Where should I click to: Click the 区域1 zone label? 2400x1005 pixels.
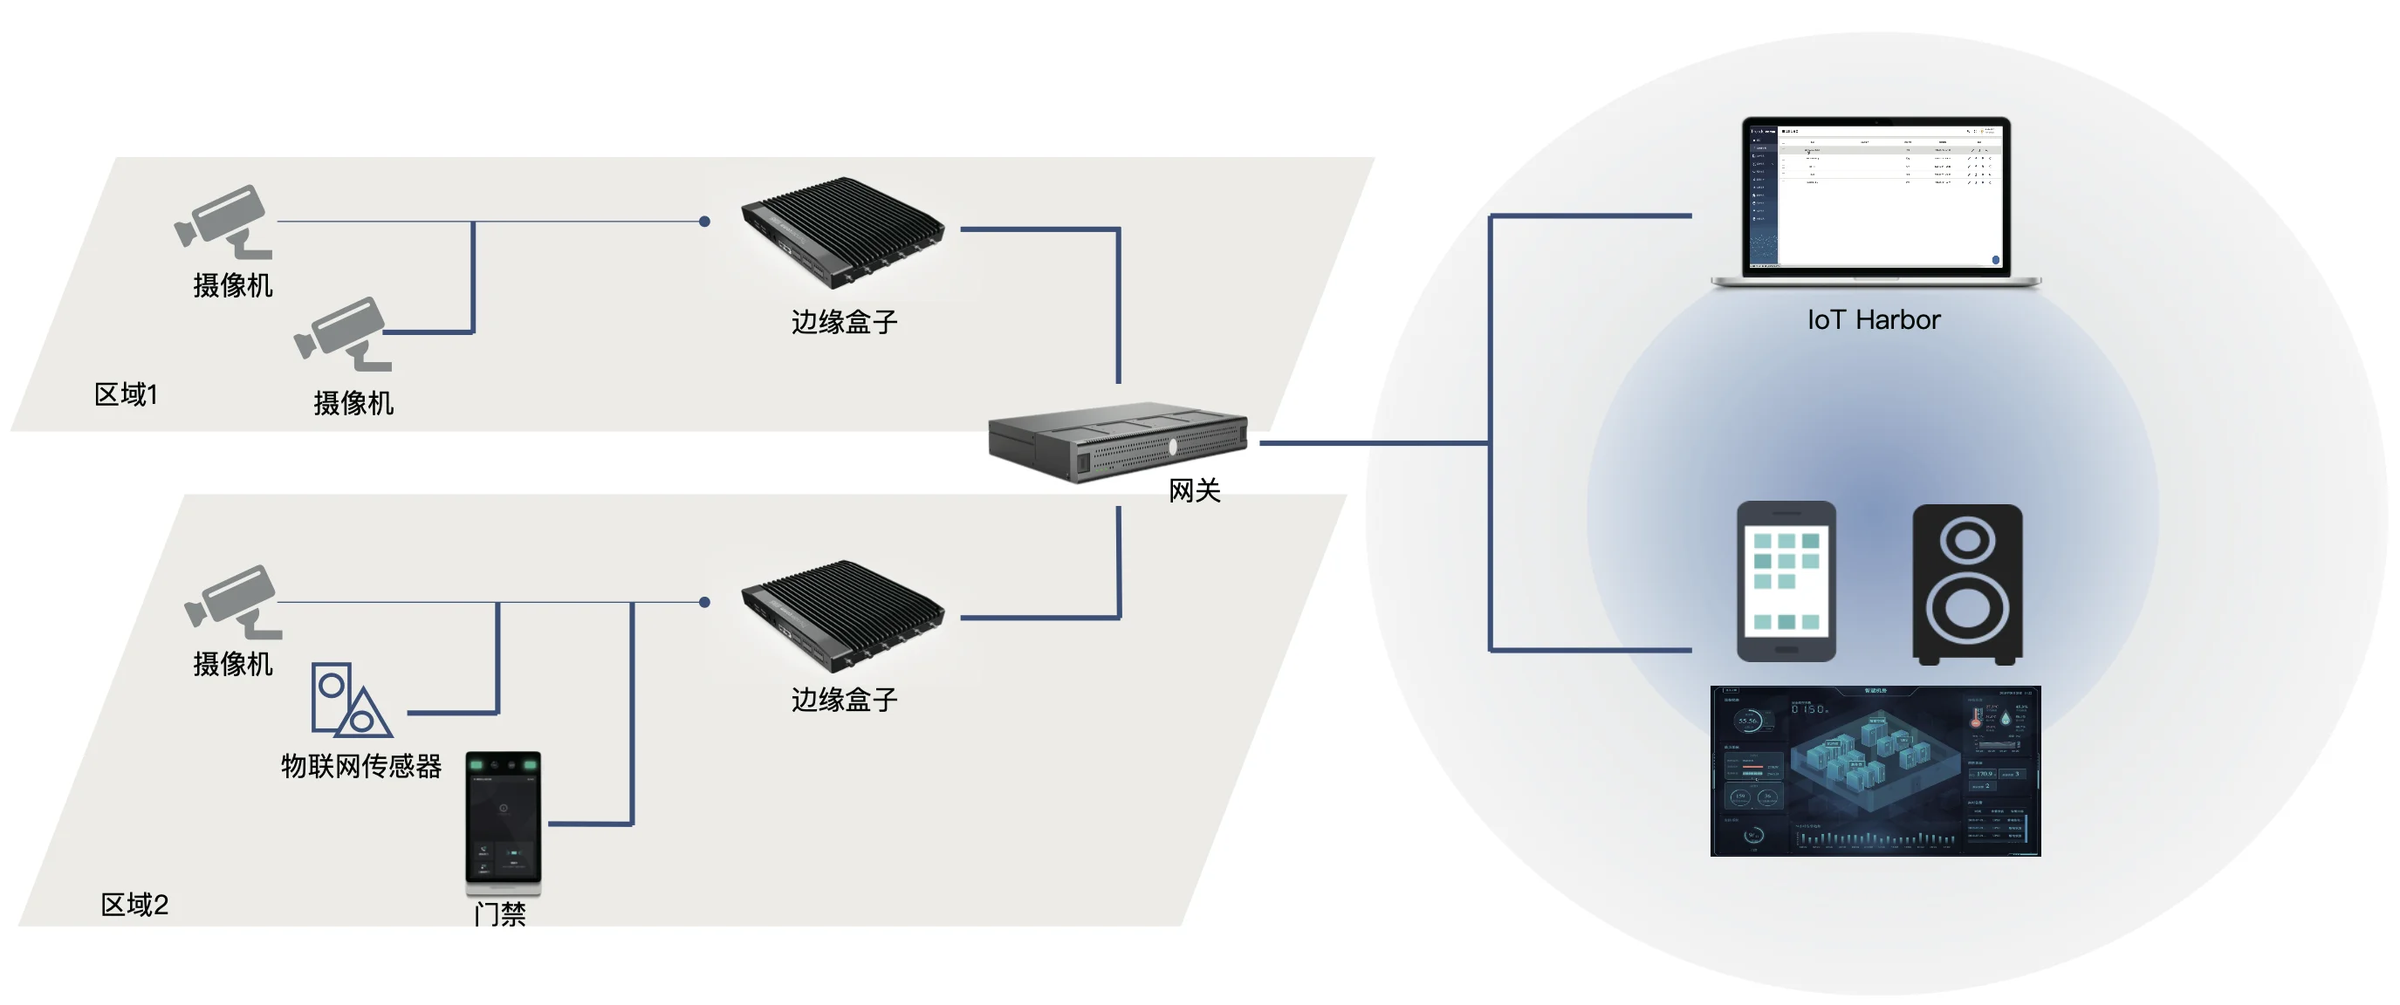126,395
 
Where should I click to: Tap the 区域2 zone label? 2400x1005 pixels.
134,905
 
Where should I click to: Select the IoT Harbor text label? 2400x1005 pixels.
1874,320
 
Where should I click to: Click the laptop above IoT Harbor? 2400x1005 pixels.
1875,202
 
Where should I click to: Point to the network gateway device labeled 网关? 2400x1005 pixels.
1117,441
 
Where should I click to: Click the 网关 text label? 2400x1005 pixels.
1195,491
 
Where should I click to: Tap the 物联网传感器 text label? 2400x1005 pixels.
361,767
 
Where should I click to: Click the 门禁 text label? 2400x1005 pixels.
500,913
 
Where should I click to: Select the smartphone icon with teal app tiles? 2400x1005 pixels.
1786,581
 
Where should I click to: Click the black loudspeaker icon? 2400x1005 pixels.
1967,584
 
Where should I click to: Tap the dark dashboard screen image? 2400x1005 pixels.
1875,770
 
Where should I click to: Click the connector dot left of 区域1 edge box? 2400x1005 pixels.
704,222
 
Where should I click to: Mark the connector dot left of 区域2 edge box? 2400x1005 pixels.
704,603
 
